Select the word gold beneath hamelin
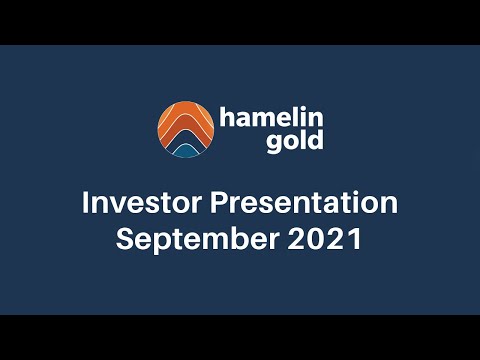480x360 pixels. [294, 140]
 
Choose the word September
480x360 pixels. [184, 241]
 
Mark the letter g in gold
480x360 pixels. [273, 142]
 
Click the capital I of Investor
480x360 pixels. [85, 203]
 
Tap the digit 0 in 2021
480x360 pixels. [321, 240]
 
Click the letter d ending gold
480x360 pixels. [316, 139]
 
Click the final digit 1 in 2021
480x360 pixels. [354, 240]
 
